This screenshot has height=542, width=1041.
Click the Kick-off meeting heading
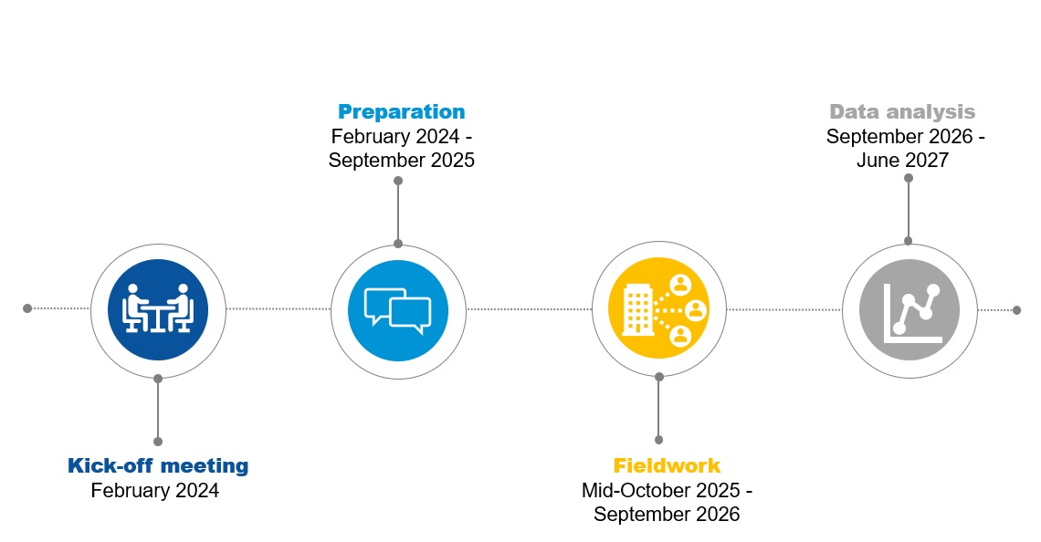[x=158, y=465]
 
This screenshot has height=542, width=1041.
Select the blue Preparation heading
[x=401, y=111]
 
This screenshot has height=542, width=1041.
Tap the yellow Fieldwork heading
[x=667, y=465]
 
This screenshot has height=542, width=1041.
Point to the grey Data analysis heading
[x=902, y=112]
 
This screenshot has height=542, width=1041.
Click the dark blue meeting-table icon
[x=158, y=310]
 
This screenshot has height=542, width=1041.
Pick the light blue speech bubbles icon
[x=398, y=310]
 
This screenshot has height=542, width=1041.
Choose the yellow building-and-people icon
[x=658, y=308]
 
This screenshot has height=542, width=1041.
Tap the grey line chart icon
[x=910, y=310]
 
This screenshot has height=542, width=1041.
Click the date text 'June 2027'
[x=902, y=160]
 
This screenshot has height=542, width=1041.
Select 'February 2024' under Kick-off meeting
[x=154, y=490]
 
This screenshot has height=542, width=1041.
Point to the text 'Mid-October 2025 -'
[x=667, y=490]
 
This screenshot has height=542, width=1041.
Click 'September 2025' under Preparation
[x=401, y=160]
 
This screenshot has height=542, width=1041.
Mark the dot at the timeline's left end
[x=27, y=308]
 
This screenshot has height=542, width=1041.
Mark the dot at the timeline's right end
[x=1016, y=310]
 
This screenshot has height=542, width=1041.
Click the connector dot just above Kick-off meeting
[x=158, y=441]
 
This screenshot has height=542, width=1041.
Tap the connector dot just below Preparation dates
[x=398, y=181]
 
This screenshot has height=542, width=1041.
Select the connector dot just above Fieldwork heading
[x=658, y=440]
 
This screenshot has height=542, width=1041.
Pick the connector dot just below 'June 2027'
[x=909, y=178]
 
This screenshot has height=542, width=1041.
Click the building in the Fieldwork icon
[x=638, y=307]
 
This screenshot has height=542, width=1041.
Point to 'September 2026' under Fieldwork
[x=667, y=514]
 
